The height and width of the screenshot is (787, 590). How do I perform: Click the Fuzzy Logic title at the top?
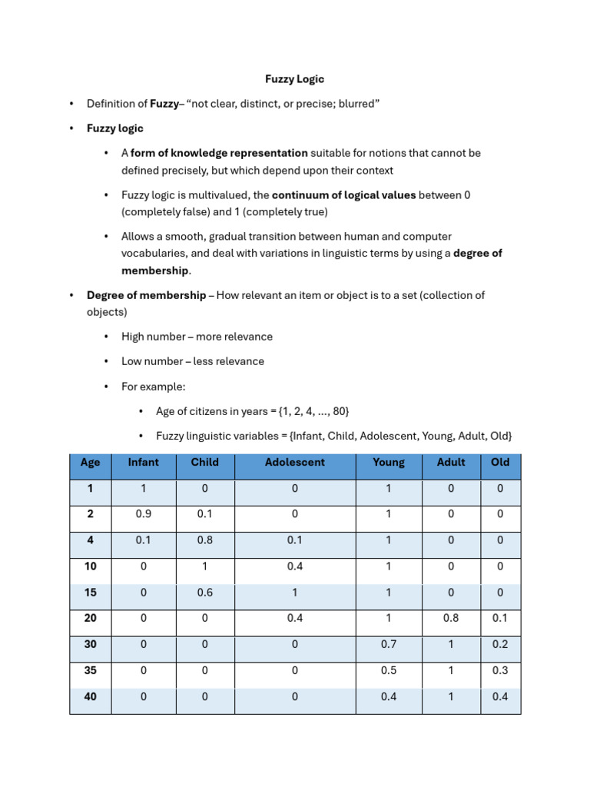[294, 79]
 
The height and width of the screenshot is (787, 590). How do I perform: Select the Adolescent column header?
[294, 463]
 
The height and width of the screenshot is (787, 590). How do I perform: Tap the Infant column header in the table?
[143, 463]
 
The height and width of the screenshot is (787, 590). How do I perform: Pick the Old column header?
[500, 463]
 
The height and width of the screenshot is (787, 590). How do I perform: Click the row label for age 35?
[90, 670]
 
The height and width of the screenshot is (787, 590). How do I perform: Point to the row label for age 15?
[90, 593]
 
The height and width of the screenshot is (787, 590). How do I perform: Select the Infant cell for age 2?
[143, 514]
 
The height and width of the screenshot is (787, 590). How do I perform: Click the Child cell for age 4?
[204, 540]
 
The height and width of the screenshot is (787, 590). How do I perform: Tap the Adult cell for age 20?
[451, 618]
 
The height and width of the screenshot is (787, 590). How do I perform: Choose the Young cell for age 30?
[389, 644]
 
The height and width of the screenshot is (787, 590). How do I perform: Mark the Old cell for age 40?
[500, 696]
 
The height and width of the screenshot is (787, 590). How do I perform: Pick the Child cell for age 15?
[204, 593]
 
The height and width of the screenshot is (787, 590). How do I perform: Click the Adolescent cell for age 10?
[294, 566]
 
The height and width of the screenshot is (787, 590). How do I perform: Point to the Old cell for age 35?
[500, 670]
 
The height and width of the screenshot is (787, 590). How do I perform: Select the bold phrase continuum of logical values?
[343, 195]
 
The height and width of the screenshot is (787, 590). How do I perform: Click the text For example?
[154, 387]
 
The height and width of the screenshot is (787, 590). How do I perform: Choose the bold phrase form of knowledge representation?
[219, 153]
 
